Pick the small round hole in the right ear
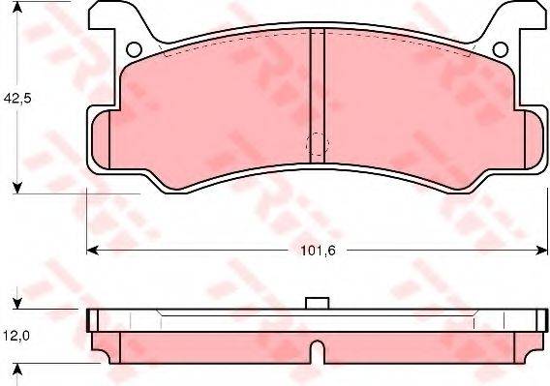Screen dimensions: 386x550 [x=500, y=49]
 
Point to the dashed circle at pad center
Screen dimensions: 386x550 [x=315, y=145]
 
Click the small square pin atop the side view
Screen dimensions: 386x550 [x=315, y=304]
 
